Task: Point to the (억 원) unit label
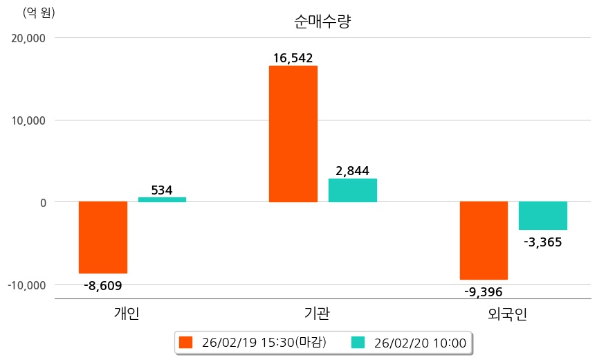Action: (x=39, y=12)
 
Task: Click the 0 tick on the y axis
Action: (x=42, y=202)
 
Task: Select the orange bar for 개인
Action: (x=103, y=237)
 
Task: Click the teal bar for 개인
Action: (x=162, y=199)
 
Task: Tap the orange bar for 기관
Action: (x=293, y=134)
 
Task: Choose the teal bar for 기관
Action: (x=353, y=190)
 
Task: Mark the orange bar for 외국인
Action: (x=484, y=240)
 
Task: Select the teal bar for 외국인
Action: (x=543, y=215)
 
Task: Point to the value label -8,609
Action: (x=102, y=285)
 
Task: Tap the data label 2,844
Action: (x=353, y=171)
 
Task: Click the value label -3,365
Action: (x=543, y=242)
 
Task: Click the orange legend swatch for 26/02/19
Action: (x=185, y=342)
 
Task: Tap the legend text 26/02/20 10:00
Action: (x=420, y=342)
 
